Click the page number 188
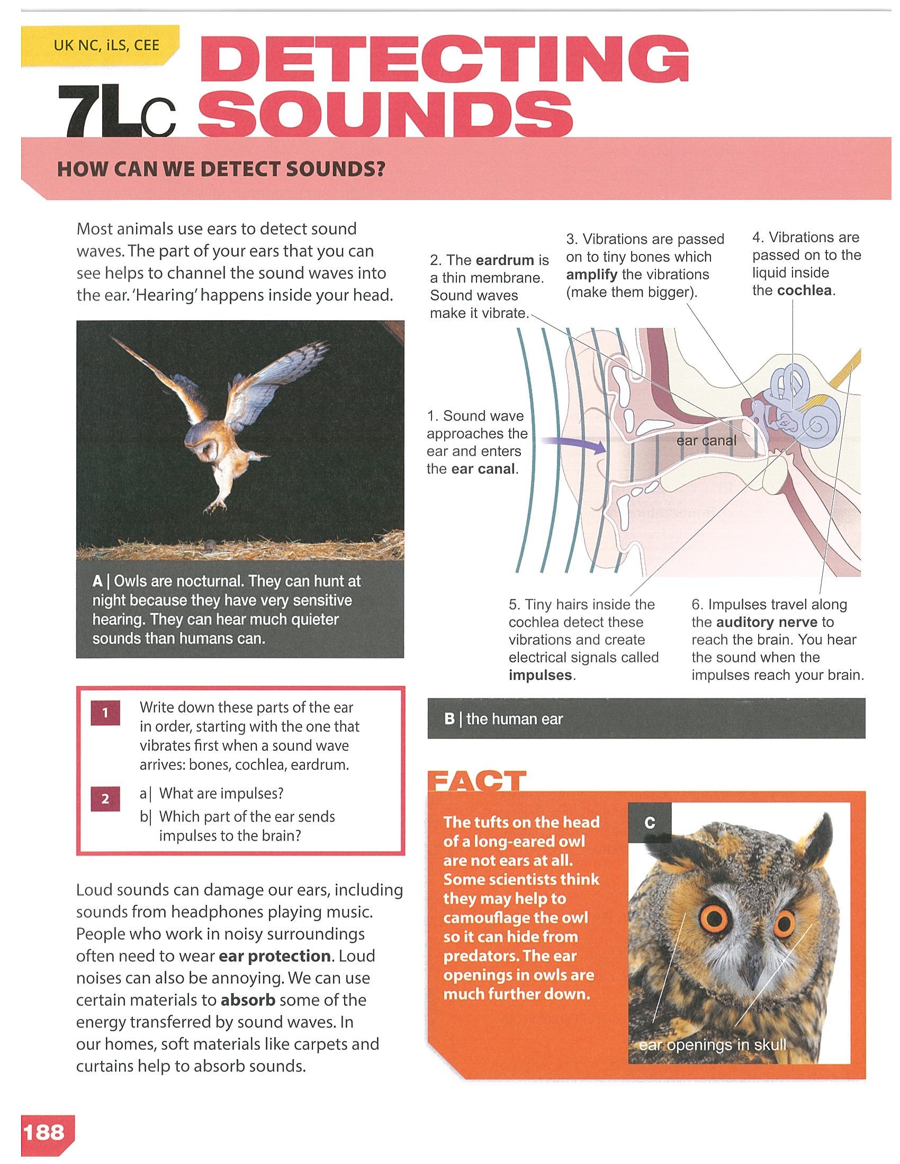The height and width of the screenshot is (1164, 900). tap(44, 1131)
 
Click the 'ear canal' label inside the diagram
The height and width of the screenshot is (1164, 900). tap(706, 441)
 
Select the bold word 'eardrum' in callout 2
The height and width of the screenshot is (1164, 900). tap(505, 260)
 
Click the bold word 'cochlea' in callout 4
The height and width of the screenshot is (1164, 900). tap(804, 290)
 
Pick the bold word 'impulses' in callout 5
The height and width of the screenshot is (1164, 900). tap(540, 675)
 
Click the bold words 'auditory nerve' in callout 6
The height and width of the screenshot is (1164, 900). tap(767, 622)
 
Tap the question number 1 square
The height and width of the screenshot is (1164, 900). tap(105, 713)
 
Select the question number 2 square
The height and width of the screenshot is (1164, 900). tap(105, 799)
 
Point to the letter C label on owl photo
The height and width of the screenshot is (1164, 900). tap(650, 823)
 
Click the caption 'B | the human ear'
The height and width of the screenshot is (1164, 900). tap(503, 719)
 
